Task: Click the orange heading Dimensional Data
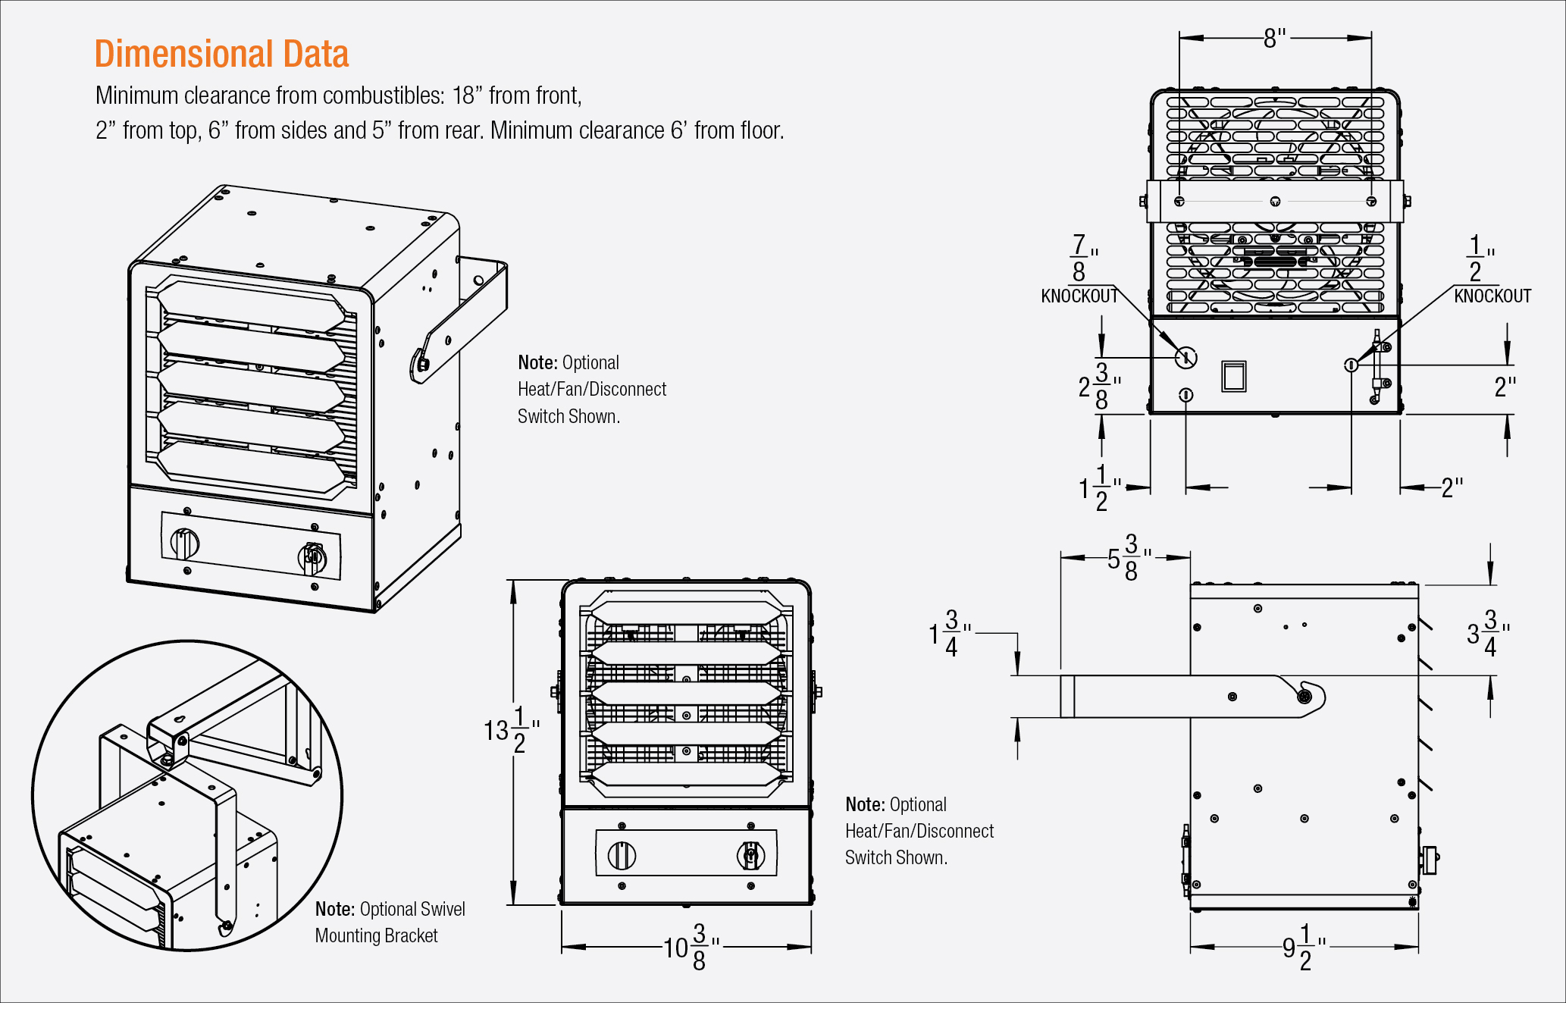tap(221, 55)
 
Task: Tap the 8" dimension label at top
tap(1275, 38)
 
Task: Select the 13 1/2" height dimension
tap(511, 729)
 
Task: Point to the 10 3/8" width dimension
tap(691, 947)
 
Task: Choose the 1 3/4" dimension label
tap(949, 633)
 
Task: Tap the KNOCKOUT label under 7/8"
tap(1079, 296)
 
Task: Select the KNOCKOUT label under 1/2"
tap(1492, 296)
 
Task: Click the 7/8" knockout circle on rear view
tap(1185, 358)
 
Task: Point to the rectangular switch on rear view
tap(1234, 376)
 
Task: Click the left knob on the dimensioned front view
tap(622, 856)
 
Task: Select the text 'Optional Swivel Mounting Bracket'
tap(390, 922)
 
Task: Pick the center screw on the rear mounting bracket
tap(1275, 202)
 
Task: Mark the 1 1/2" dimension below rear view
tap(1099, 488)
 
